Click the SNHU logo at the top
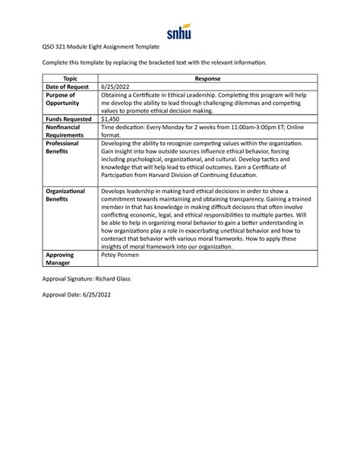pyautogui.click(x=179, y=31)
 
